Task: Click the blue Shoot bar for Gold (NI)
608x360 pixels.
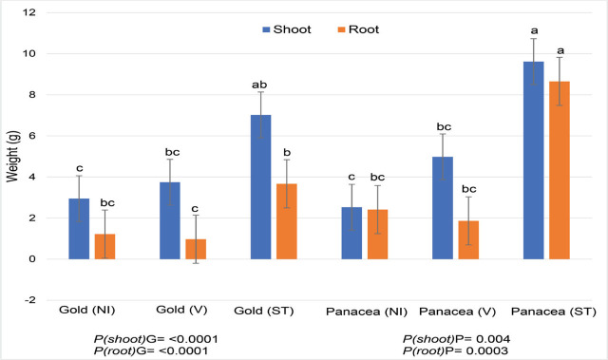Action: point(80,229)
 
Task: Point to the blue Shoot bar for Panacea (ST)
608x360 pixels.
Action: point(533,161)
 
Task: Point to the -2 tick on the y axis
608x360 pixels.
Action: point(30,300)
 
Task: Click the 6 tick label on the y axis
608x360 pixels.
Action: point(32,136)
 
